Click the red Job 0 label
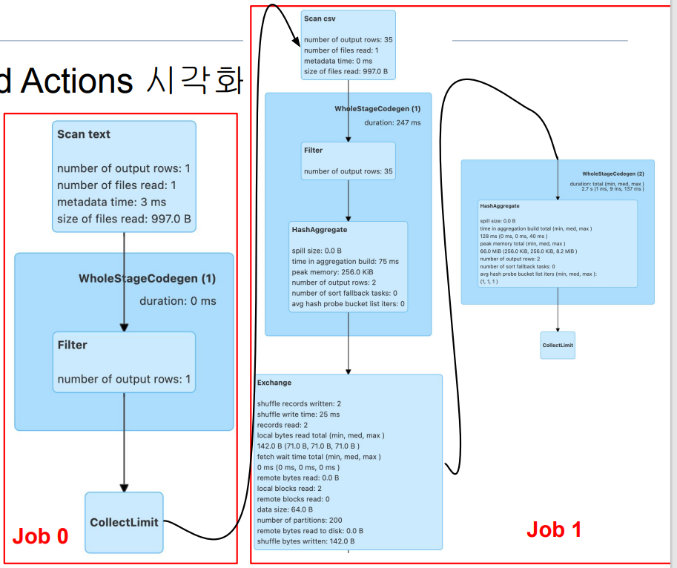click(x=41, y=536)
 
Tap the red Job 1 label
click(x=554, y=529)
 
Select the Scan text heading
click(x=84, y=134)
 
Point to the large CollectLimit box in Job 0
click(x=124, y=522)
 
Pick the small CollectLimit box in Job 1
click(x=558, y=346)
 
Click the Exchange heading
click(x=274, y=383)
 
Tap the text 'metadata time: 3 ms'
click(x=112, y=202)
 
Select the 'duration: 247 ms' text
click(x=392, y=123)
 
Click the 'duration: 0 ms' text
click(x=178, y=301)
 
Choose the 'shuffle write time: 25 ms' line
click(x=298, y=415)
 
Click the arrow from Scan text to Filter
click(x=124, y=282)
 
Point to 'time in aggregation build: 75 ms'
click(x=345, y=262)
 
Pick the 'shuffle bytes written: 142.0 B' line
click(x=306, y=541)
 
